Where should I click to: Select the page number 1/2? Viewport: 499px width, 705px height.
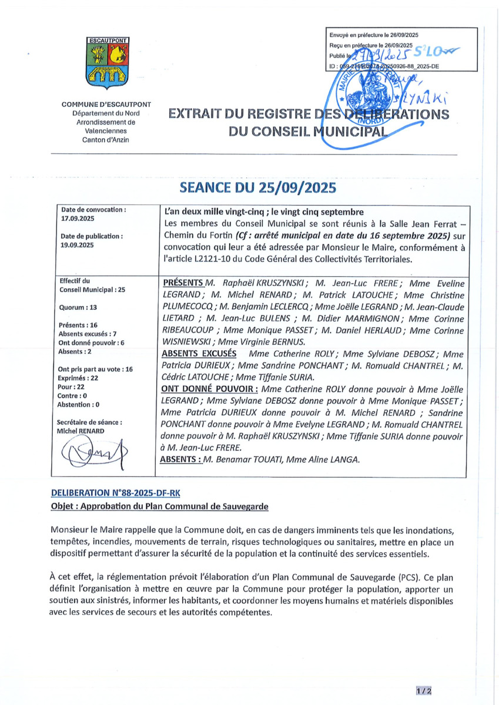[424, 691]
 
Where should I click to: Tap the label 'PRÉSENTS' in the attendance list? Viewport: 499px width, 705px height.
[183, 283]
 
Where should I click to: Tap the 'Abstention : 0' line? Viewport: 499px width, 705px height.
[83, 405]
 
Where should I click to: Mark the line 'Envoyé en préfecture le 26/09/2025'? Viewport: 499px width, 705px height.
[374, 35]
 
